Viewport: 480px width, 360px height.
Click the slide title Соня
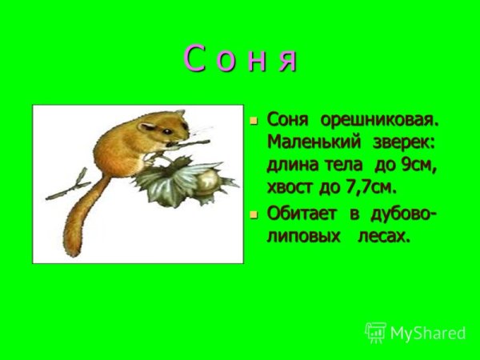pyautogui.click(x=241, y=60)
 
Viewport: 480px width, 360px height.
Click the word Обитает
pyautogui.click(x=303, y=214)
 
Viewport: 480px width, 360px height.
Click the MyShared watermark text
pyautogui.click(x=427, y=332)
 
